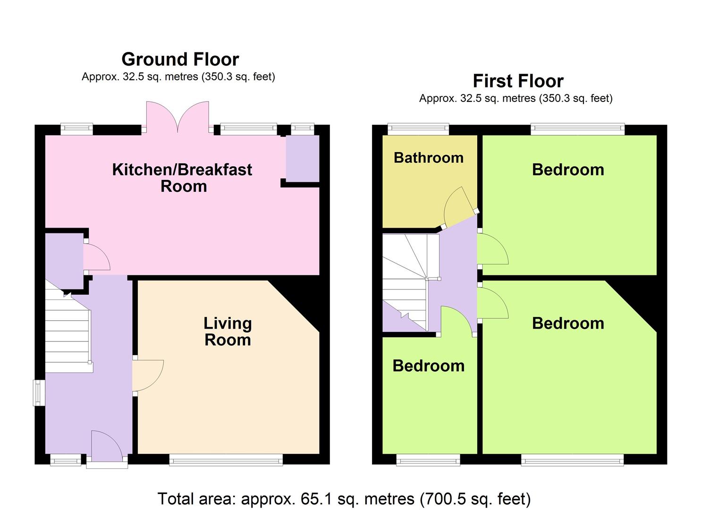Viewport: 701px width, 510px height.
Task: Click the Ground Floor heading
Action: coord(180,59)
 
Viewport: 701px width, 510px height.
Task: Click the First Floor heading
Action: coord(518,81)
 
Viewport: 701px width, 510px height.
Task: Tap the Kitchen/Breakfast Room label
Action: coord(182,178)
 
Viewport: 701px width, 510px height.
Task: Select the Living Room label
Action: coord(228,331)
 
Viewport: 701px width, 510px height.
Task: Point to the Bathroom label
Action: coord(429,158)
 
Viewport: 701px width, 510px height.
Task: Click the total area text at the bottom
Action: coord(344,499)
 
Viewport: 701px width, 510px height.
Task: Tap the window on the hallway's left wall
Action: coord(37,393)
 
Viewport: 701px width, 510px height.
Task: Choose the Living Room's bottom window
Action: coord(226,460)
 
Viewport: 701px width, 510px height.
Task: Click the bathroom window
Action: coord(418,128)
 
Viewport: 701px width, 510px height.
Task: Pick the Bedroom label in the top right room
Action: coord(568,170)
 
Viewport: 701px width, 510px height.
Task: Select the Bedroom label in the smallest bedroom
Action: coord(429,366)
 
